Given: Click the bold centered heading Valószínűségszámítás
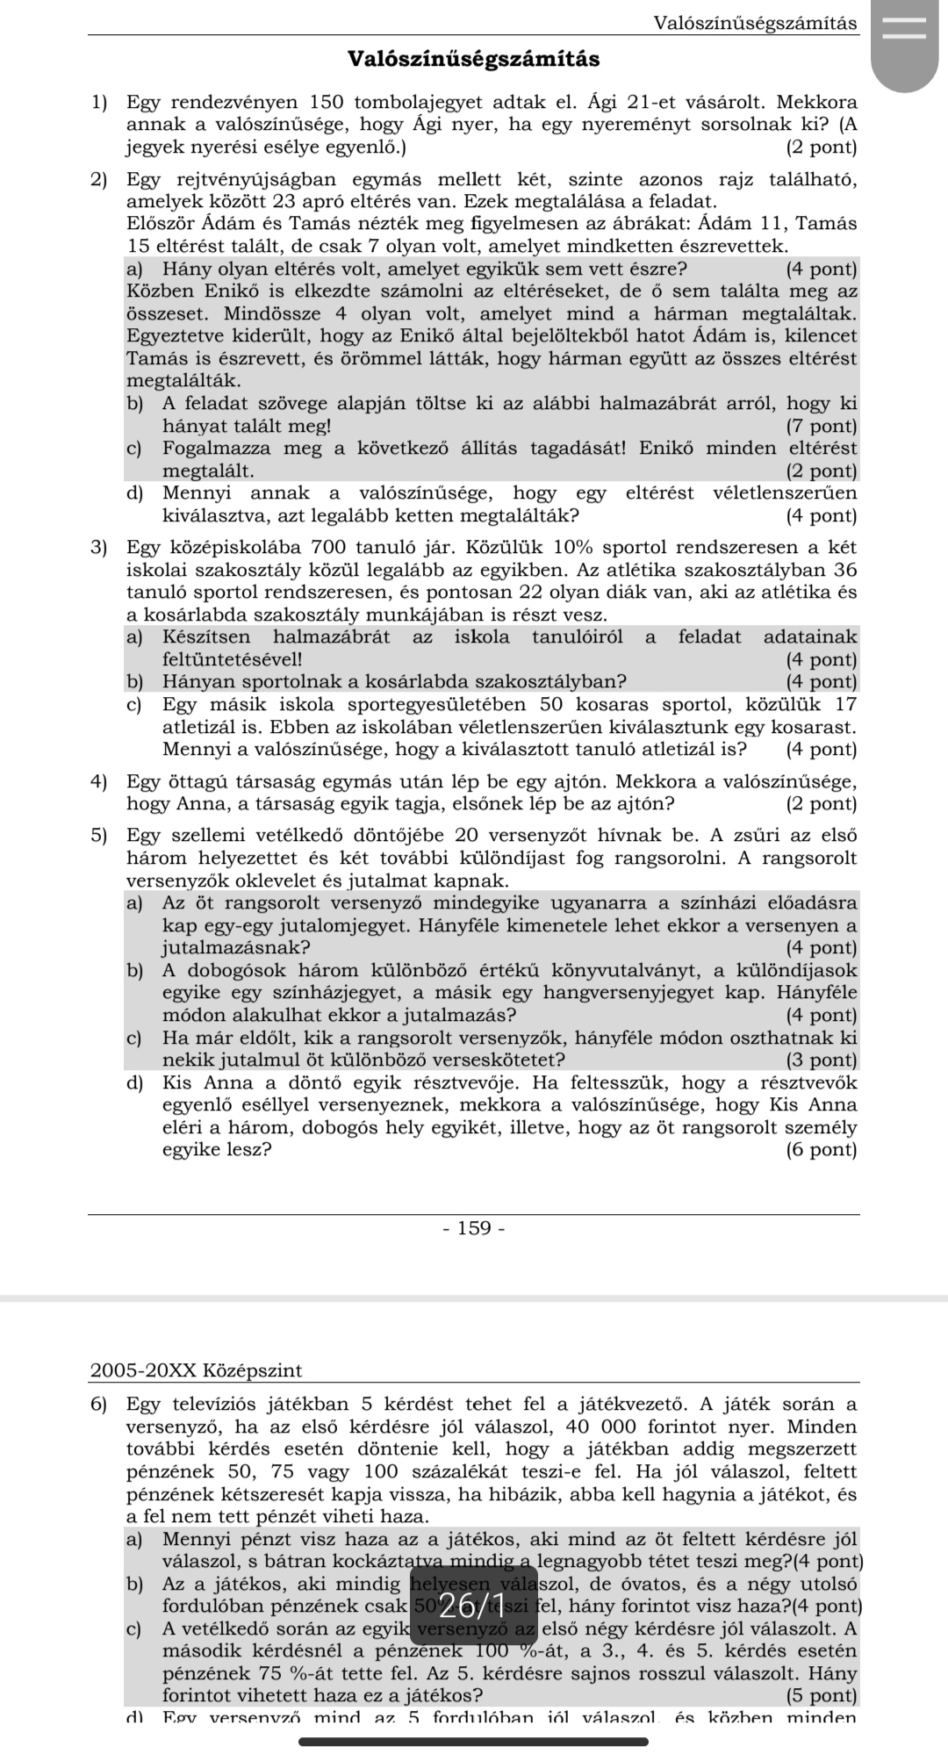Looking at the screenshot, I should (x=474, y=60).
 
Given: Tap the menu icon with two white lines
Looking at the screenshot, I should (x=903, y=29).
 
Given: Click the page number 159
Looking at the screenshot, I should (x=474, y=1228).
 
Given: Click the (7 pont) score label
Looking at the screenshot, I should (x=822, y=427).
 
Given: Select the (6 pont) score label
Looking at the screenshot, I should (x=822, y=1150).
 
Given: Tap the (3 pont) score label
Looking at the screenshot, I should (x=822, y=1060).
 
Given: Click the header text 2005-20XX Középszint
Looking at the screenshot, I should (x=196, y=1370).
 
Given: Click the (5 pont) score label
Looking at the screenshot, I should (x=822, y=1695).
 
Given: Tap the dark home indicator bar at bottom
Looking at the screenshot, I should (x=474, y=1742).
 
